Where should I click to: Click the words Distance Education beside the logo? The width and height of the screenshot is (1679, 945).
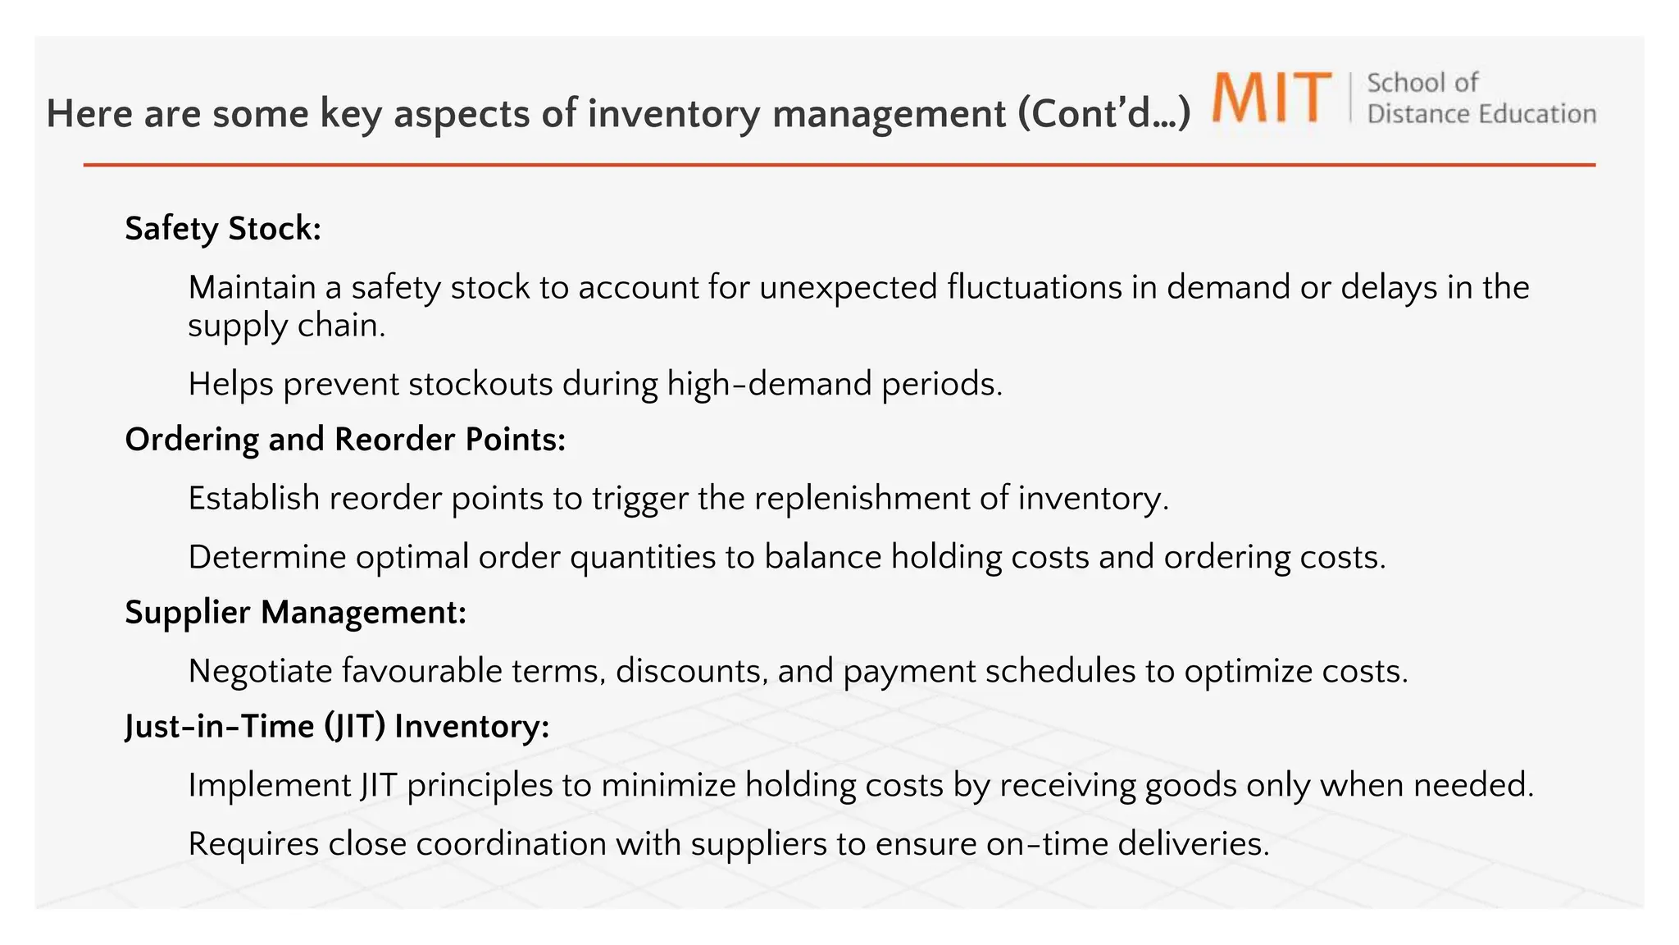pyautogui.click(x=1481, y=114)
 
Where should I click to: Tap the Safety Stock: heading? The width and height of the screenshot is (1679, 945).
pyautogui.click(x=222, y=229)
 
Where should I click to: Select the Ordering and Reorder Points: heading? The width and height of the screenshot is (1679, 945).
pyautogui.click(x=345, y=440)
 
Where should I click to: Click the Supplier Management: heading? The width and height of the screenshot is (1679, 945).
pyautogui.click(x=295, y=613)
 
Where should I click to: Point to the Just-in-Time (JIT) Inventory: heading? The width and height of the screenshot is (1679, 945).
pyautogui.click(x=337, y=727)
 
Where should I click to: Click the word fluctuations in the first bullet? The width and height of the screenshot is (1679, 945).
pyautogui.click(x=1035, y=288)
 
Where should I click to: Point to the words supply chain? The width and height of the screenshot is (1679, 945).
pyautogui.click(x=286, y=326)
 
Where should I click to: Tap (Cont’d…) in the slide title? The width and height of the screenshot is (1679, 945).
pyautogui.click(x=1103, y=114)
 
